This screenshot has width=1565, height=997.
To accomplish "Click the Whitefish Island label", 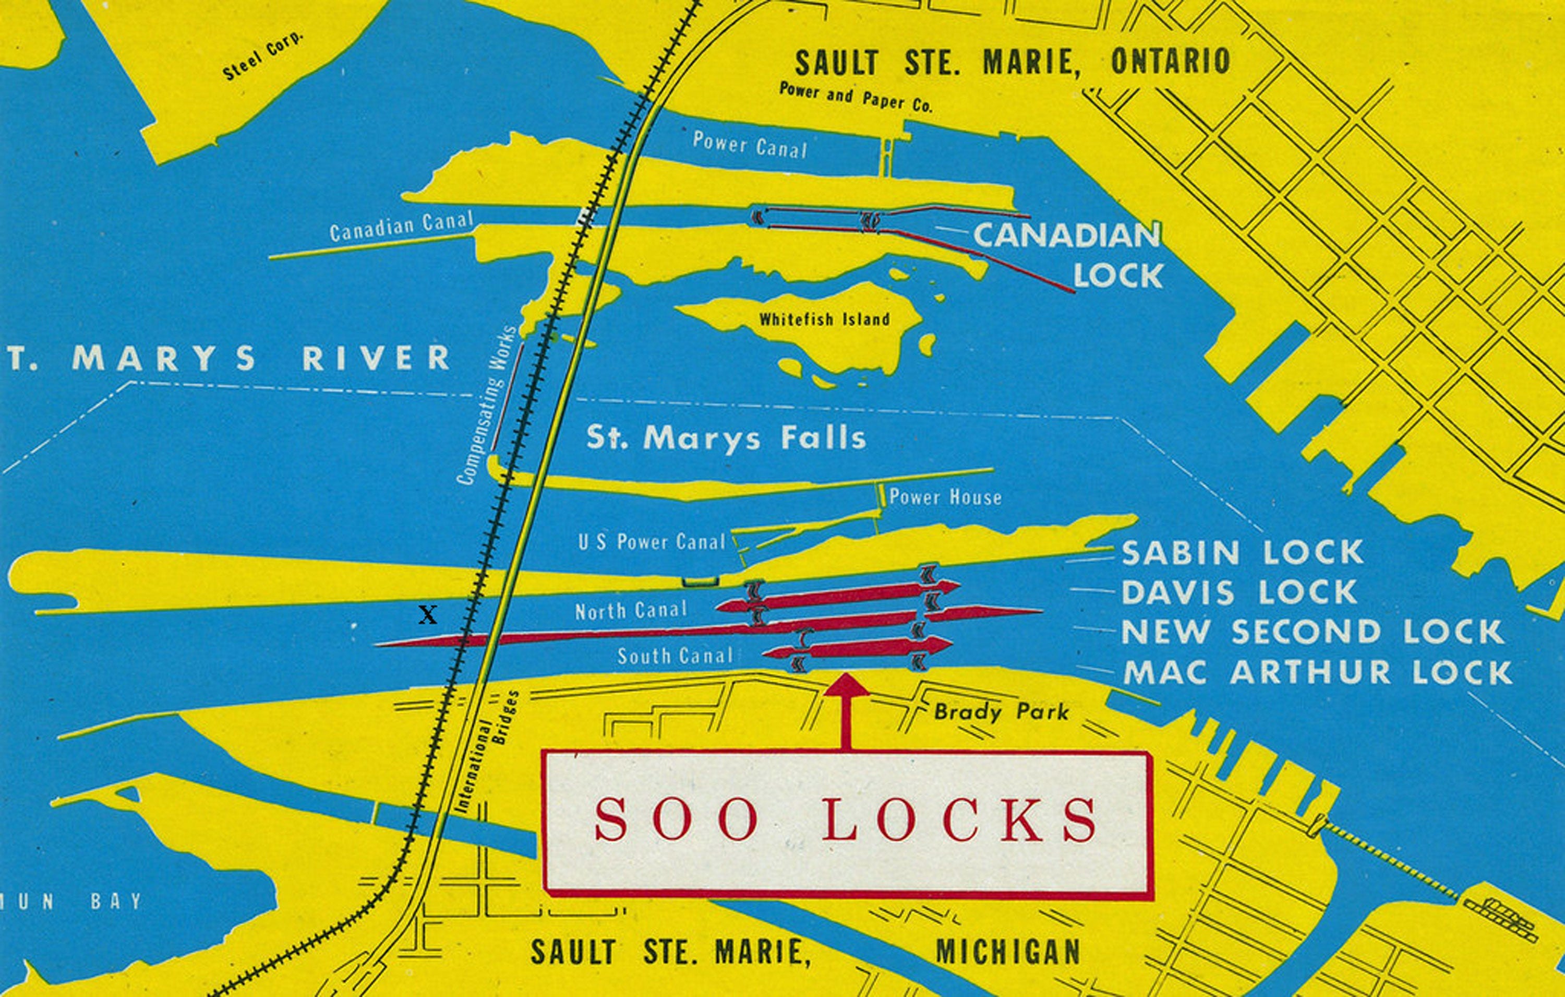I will pos(824,319).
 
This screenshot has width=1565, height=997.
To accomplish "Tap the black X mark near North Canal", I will pos(428,614).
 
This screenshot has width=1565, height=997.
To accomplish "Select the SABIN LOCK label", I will pos(1242,553).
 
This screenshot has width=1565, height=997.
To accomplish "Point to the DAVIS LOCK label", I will pos(1239,592).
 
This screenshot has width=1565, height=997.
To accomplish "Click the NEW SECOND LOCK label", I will pos(1313,632).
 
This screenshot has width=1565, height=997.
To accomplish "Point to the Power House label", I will pos(945,497).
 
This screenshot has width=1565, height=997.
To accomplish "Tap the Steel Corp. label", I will pos(263,56).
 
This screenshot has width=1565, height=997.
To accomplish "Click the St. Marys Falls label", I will pos(726,438).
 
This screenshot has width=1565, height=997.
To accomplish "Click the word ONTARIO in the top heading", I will pos(1171,62).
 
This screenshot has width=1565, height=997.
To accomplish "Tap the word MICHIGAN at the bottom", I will pos(1007,953).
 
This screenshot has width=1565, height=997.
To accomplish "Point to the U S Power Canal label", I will pos(651,542).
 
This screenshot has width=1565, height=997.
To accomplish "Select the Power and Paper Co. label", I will pos(856,98).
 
